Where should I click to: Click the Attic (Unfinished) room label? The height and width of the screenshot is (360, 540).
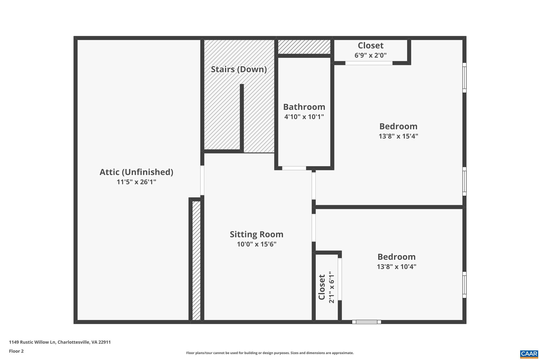point(136,172)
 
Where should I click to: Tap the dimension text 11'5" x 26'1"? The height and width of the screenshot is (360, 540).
point(136,182)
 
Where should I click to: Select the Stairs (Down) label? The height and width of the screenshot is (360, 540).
point(239,69)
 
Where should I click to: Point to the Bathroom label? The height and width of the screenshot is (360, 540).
point(304,107)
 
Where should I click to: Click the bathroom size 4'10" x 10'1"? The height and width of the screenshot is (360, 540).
point(304,117)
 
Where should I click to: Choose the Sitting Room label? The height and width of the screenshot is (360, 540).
point(257,234)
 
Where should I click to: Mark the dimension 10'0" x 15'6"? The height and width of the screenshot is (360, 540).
point(257,244)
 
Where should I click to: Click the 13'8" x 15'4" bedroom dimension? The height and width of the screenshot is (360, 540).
point(398,136)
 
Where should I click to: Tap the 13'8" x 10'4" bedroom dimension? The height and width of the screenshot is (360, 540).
point(396,267)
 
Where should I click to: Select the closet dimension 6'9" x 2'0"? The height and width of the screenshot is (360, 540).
point(370,55)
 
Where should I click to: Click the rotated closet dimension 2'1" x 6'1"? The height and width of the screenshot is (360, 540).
point(331,289)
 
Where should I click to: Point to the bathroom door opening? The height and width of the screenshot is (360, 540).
point(294,168)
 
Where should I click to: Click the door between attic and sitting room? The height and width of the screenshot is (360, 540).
point(202,180)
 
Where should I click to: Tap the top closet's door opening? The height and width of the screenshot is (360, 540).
point(369,63)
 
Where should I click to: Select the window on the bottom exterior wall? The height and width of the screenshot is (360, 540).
point(367,322)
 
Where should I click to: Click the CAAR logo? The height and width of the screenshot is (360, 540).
point(529,354)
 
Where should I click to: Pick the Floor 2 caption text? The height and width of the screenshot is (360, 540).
point(16,351)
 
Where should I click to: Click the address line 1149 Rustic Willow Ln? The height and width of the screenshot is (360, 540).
point(60,342)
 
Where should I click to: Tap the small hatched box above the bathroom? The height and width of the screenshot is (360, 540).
point(304,47)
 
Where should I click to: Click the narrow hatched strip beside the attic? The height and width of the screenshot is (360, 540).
point(196,261)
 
